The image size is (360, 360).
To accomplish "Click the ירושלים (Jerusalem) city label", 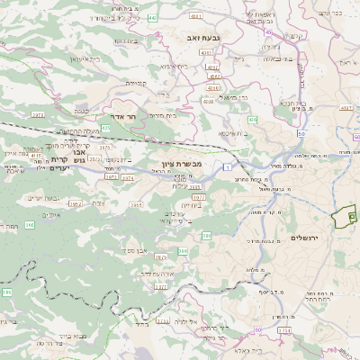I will coord(307,237).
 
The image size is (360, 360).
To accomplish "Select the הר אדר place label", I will coord(130,117).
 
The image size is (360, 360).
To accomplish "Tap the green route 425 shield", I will coord(106,129).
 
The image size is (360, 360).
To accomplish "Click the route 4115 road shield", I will coord(36,155).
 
